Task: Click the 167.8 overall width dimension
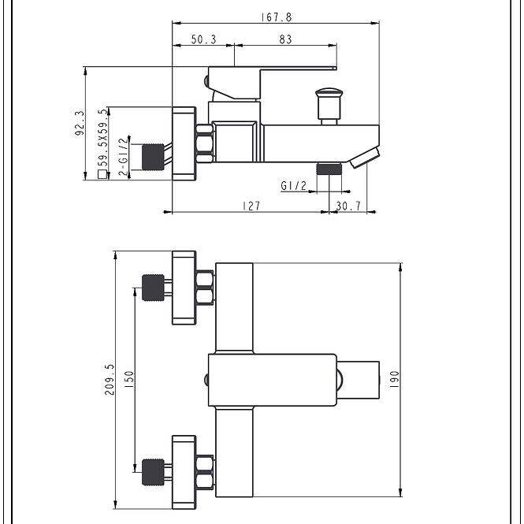[276, 17]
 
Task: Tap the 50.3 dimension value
[203, 39]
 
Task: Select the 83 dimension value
[285, 39]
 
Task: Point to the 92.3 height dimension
[80, 123]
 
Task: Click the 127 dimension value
[251, 206]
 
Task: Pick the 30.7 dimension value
[348, 206]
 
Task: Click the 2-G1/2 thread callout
[124, 156]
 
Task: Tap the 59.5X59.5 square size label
[103, 137]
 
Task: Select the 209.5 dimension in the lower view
[110, 380]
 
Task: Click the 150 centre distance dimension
[129, 379]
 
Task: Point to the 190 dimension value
[394, 379]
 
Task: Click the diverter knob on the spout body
[329, 106]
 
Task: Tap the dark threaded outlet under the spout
[329, 169]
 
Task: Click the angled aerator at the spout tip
[365, 158]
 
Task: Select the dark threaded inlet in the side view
[153, 157]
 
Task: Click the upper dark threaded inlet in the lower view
[153, 288]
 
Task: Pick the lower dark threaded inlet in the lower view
[153, 472]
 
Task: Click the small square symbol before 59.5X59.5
[102, 174]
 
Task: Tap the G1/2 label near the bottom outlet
[293, 185]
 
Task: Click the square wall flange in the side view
[184, 143]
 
